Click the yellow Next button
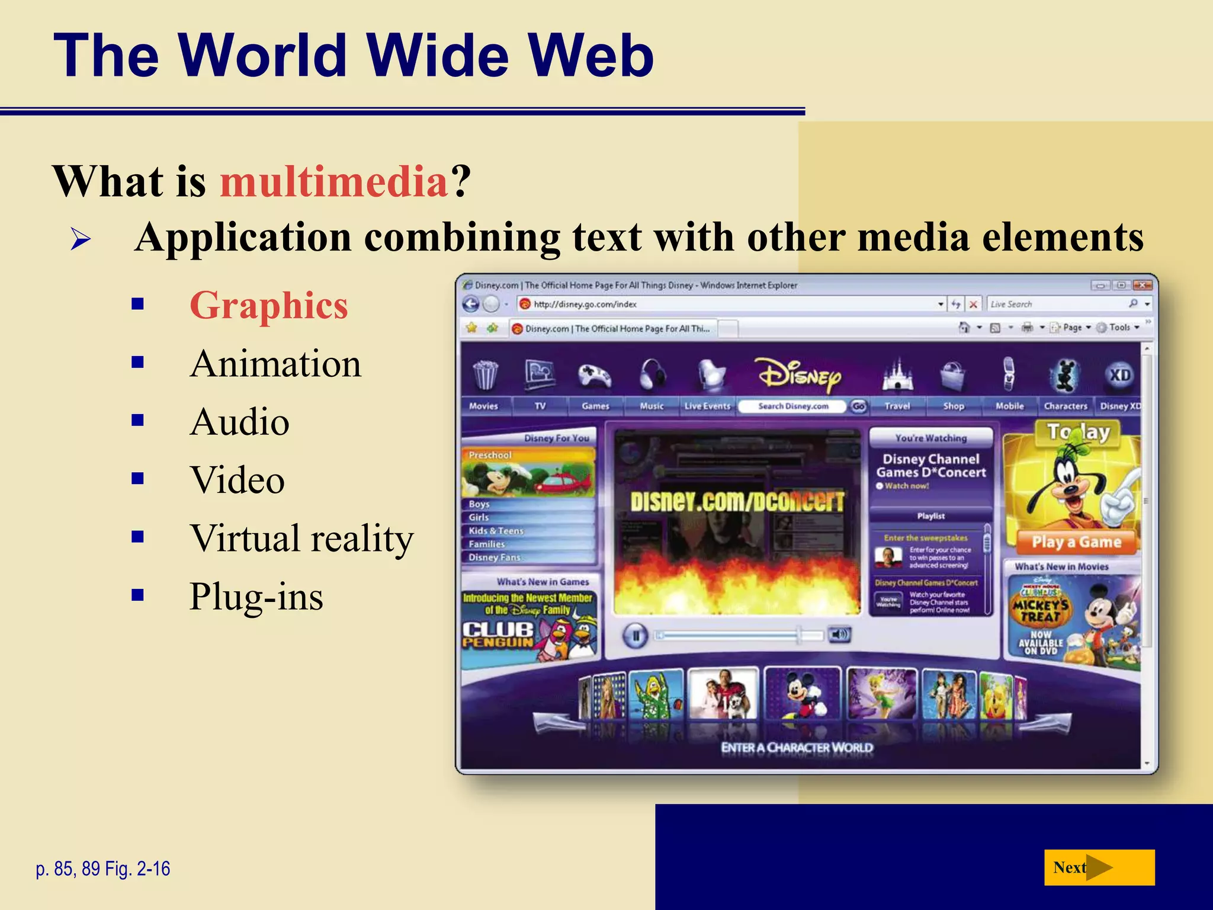click(x=1099, y=867)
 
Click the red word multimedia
click(x=334, y=181)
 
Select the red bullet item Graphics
click(x=269, y=306)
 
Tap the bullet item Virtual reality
click(x=301, y=539)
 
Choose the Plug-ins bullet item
click(x=256, y=596)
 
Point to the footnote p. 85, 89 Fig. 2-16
click(x=103, y=869)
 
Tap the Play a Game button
click(x=1076, y=542)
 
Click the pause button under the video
click(x=636, y=636)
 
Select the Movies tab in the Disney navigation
click(x=483, y=406)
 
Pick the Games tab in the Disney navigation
click(x=595, y=406)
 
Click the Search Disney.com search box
click(x=793, y=406)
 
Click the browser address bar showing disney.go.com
click(x=729, y=304)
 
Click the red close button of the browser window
click(x=1142, y=285)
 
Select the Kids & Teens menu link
click(x=496, y=531)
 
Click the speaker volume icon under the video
click(x=839, y=635)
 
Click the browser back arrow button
click(x=471, y=304)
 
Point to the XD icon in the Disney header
click(x=1119, y=375)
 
